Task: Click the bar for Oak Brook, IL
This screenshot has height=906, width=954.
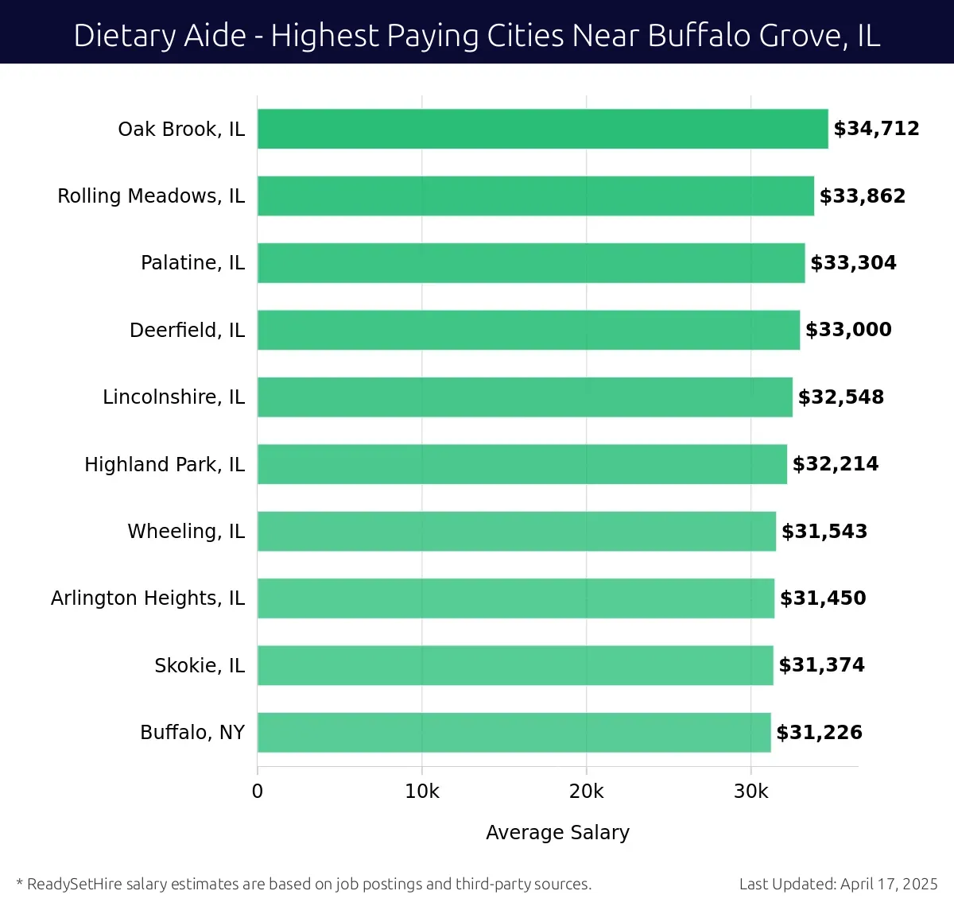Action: coord(542,129)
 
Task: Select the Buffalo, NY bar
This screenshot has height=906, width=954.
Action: coord(514,732)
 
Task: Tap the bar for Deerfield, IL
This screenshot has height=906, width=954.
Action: coord(528,330)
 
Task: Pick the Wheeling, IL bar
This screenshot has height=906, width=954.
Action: coord(516,531)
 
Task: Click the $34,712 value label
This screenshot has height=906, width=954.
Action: coord(876,129)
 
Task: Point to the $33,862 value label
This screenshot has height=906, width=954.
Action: coord(863,196)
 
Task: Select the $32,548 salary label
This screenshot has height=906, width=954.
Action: coord(841,397)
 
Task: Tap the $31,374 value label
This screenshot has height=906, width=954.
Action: coord(821,665)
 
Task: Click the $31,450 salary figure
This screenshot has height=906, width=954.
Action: coord(823,598)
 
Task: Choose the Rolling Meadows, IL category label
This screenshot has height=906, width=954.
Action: coord(151,196)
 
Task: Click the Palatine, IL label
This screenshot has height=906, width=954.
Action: coord(192,263)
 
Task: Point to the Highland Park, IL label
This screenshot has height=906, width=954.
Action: coord(165,464)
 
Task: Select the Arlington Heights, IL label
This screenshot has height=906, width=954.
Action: coord(148,598)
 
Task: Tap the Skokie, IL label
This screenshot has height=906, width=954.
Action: coord(200,665)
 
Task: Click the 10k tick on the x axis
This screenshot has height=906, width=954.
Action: coord(422,792)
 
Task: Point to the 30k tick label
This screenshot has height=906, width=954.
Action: coord(751,792)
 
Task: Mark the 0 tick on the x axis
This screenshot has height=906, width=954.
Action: coord(258,792)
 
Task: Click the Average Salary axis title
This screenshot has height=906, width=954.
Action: coord(557,832)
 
